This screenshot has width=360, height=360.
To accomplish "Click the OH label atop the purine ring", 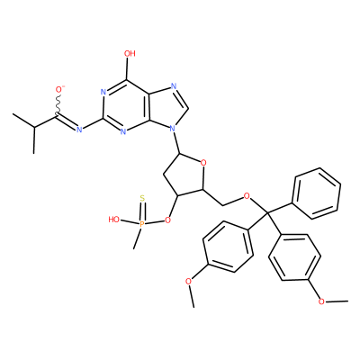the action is coord(130,54).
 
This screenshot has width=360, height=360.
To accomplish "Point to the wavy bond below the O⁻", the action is coord(58,103).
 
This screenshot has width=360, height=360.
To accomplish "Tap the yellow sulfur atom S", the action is coord(142,198).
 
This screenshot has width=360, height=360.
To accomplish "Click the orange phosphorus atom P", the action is coord(142,223).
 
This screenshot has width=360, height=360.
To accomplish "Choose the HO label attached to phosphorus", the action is coord(114,220).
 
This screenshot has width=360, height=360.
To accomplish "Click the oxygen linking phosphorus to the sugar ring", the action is coord(167,220).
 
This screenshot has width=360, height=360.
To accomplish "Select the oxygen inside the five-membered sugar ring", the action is coord(203,164).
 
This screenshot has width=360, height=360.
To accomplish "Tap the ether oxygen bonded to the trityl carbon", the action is coord(247,196).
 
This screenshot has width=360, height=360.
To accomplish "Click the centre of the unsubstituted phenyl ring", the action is coord(317,193).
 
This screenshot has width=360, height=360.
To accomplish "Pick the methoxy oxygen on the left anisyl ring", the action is coord(188,281).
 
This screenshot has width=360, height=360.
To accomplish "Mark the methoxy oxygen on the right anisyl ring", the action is coord(321,301).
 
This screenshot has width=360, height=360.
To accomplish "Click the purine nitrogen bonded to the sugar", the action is coord(172,129).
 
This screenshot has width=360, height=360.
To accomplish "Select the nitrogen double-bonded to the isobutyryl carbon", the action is coord(79,130).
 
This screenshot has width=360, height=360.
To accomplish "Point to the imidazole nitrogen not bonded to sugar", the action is coord(174,86).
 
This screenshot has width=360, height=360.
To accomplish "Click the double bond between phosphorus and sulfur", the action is coord(142,211).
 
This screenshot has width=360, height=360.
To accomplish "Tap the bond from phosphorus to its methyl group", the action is coord(138,238).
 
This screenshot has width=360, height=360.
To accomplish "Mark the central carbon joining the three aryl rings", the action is coord(266,213).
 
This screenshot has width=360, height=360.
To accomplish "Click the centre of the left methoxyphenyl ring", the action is coord(228,247).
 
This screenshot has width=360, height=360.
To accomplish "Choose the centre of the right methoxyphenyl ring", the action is coord(295,257).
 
